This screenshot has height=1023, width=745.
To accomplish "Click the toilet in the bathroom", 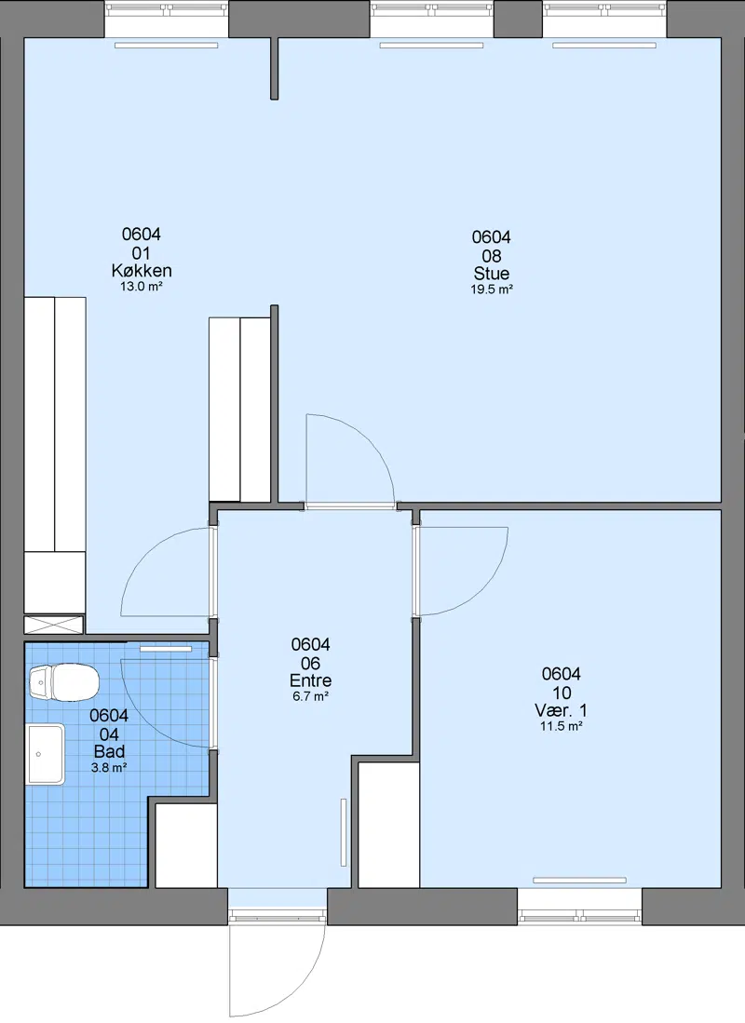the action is (64, 681).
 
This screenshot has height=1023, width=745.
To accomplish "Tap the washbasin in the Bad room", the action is (45, 754).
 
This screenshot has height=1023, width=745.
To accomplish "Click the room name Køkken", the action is (142, 270).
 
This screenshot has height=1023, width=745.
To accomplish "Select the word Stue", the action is (492, 274).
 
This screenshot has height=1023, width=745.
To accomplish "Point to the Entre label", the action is (311, 680).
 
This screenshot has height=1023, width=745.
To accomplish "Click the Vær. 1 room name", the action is (561, 710).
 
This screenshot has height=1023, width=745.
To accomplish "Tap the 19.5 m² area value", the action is (492, 289).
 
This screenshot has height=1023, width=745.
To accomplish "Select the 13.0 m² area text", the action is (142, 286).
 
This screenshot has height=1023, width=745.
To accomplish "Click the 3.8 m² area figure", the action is (109, 768).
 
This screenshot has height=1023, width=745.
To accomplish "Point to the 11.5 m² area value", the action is (561, 726).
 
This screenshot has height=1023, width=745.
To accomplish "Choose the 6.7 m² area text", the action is (311, 696).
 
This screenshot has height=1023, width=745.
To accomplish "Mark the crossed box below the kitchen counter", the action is (54, 625).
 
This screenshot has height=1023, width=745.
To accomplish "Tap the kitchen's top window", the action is (167, 20).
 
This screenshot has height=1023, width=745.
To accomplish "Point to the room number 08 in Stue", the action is (492, 256).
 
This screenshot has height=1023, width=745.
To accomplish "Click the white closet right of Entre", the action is (388, 825).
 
